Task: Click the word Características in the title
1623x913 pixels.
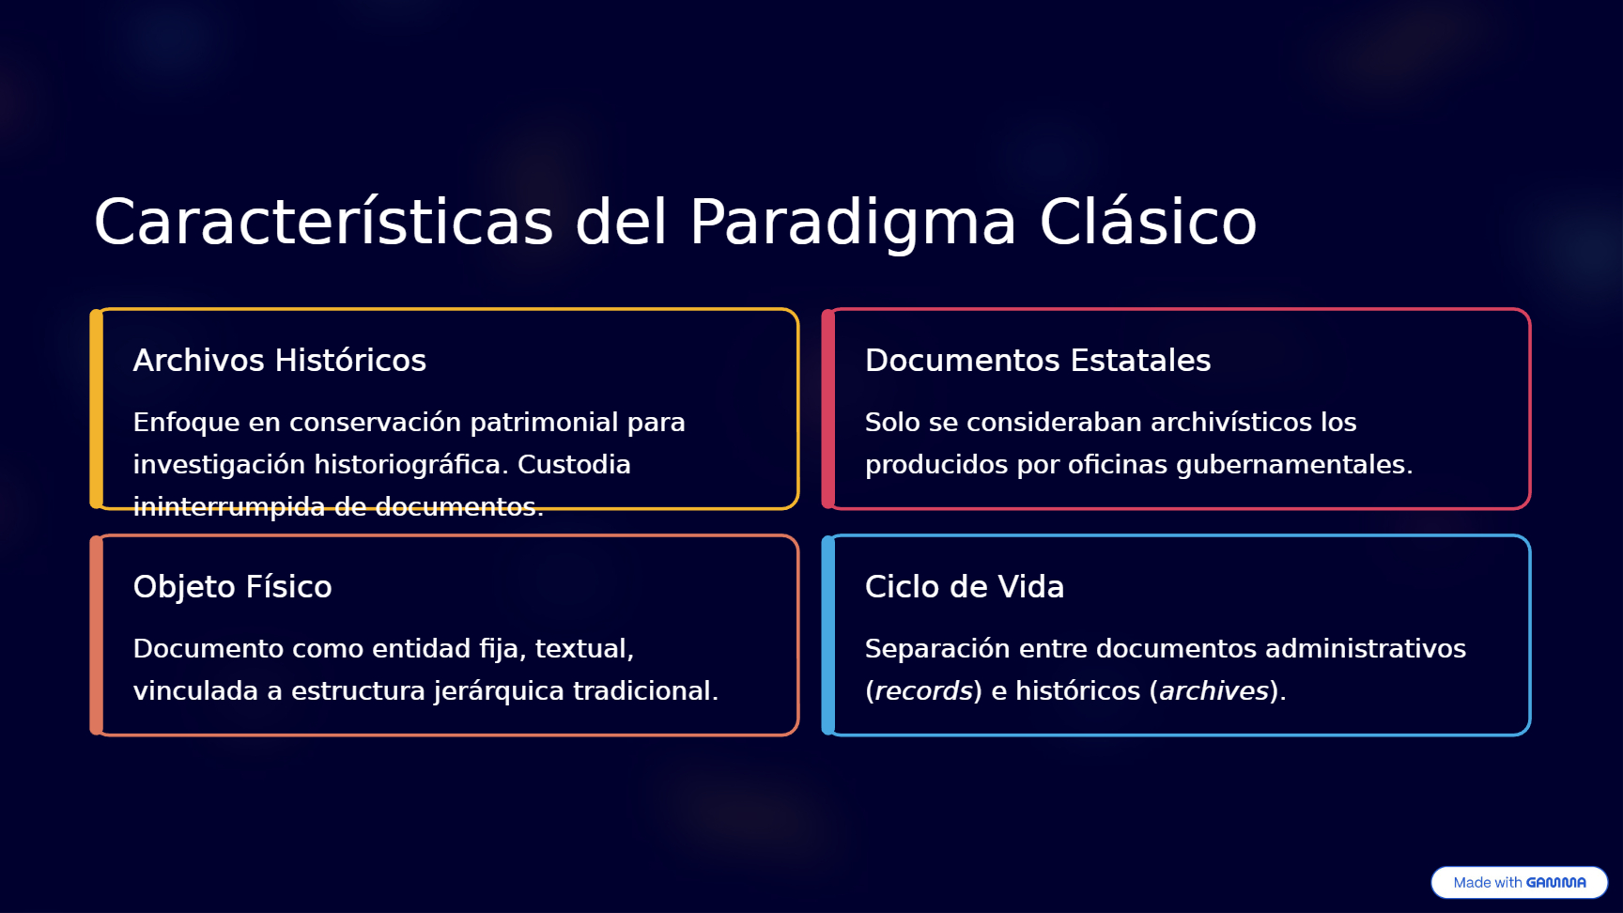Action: click(324, 222)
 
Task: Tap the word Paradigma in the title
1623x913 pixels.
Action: click(853, 224)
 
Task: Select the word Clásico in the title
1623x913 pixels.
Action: click(1148, 222)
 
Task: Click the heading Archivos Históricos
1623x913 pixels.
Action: click(280, 360)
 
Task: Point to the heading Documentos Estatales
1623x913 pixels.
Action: click(1038, 360)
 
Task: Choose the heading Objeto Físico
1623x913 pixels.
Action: click(233, 587)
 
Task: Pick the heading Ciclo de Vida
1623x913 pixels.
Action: click(965, 586)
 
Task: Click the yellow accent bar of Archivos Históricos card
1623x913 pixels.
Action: click(96, 409)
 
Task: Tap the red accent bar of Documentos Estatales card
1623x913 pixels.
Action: click(827, 409)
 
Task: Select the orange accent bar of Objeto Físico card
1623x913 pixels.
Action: click(96, 635)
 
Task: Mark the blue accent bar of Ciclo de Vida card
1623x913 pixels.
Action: click(827, 635)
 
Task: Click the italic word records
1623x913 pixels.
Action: click(923, 690)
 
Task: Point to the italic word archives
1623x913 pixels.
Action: click(1214, 690)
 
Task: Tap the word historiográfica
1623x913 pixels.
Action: click(411, 465)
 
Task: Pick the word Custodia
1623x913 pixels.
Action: click(574, 464)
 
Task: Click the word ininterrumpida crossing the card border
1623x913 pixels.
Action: click(229, 507)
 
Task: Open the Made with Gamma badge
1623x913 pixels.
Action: click(1519, 882)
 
